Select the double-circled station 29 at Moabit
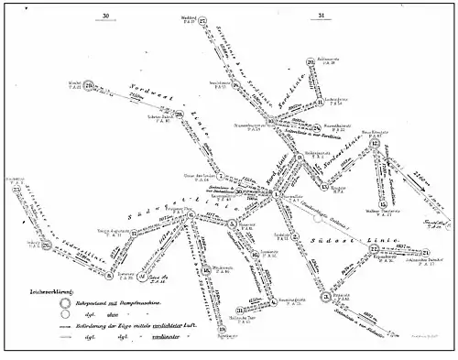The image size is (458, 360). pos(90,89)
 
